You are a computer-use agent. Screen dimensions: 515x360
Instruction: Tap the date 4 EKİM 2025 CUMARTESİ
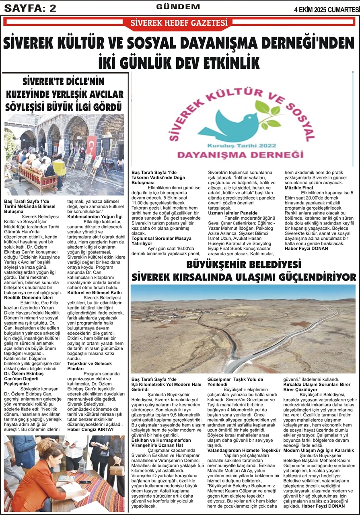327,9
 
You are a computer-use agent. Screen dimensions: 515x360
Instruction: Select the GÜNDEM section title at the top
178,7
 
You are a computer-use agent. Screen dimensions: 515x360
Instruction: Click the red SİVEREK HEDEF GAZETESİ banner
179,23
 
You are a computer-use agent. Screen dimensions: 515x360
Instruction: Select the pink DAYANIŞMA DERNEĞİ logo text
240,154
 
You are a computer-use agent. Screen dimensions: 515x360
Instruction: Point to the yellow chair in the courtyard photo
60,167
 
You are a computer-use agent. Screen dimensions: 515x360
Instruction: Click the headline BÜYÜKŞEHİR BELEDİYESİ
244,264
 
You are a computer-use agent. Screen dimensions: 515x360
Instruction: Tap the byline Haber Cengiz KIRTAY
91,429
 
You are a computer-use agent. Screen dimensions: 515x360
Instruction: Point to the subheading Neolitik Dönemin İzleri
27,297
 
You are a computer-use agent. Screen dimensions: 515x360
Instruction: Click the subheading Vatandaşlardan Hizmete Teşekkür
243,451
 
